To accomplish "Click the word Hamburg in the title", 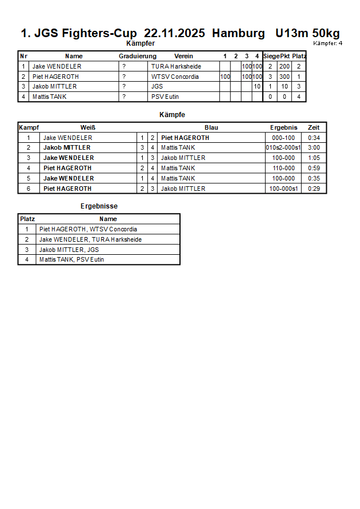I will (x=238, y=33).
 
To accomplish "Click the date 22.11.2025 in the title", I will (x=175, y=33).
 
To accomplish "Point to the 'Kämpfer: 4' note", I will (x=327, y=43).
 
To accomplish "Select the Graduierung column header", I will (x=137, y=56).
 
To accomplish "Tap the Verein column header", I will (x=183, y=56).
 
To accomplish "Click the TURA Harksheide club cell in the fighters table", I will (x=176, y=66).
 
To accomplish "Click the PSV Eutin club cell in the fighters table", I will (x=165, y=97).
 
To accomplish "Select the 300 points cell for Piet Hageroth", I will (x=284, y=77).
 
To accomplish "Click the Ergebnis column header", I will (x=283, y=127).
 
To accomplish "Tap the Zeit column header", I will (x=314, y=127).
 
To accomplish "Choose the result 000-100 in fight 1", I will (x=283, y=138).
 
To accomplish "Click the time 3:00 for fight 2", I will (x=314, y=147).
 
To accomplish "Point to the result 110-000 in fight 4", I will (x=283, y=168).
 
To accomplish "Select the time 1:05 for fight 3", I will (x=314, y=158).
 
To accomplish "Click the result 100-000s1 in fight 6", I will (x=283, y=189).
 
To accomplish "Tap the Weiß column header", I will (x=87, y=127).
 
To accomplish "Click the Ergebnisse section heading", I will (x=99, y=206).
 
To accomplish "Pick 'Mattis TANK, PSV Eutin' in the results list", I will (x=71, y=259).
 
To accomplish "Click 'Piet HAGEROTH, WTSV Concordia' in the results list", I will (x=88, y=229).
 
